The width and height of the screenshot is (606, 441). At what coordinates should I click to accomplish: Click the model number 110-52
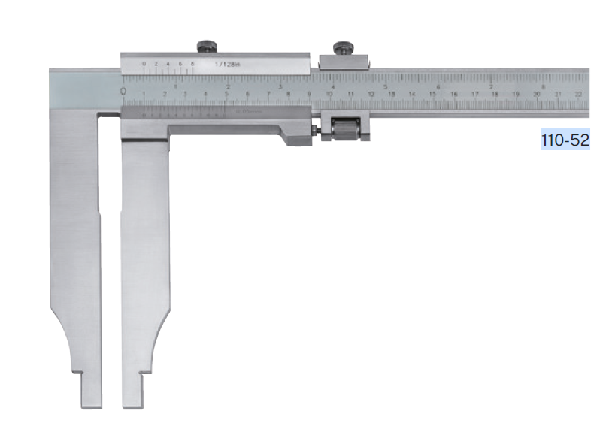coord(565,140)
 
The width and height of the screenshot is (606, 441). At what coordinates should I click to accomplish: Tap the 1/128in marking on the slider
coord(226,65)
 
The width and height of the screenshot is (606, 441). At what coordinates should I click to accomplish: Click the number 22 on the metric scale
coord(577,95)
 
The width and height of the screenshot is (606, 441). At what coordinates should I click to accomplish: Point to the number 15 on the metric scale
coord(432,95)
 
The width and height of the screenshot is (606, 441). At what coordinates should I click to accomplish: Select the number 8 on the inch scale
coord(544,86)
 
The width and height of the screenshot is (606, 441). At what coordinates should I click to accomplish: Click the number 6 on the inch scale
coord(438,86)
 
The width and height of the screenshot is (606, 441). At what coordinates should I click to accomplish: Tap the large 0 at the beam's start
coord(123,91)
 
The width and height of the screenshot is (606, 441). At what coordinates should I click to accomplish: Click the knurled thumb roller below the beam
coord(344,128)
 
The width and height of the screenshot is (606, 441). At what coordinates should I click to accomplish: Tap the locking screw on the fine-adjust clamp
coord(344,48)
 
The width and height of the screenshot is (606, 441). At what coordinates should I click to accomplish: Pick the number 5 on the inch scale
coord(386,86)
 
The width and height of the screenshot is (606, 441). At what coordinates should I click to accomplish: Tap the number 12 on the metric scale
coord(371,95)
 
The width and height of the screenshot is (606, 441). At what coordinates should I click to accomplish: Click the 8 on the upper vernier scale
coord(193,64)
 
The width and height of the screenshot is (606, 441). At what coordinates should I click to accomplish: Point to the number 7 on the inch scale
coord(491,86)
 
